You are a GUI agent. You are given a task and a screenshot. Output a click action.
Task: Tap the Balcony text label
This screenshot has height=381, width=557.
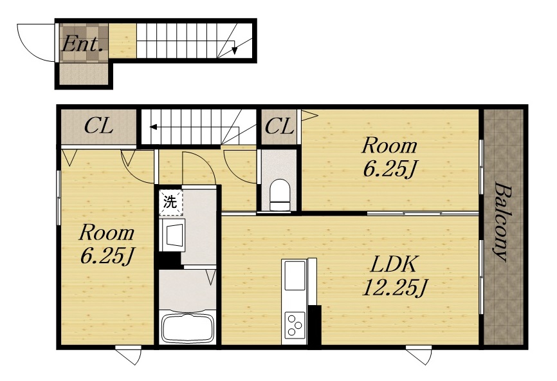[x=502, y=222]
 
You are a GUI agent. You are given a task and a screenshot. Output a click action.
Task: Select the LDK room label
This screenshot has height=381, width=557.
[x=393, y=265]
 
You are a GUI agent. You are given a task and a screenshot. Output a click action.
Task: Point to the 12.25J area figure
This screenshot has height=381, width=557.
[x=394, y=287]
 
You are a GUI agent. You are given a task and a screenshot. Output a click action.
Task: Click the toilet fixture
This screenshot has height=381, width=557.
[x=280, y=195]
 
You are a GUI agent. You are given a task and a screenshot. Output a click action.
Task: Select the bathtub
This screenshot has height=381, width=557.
[x=187, y=328]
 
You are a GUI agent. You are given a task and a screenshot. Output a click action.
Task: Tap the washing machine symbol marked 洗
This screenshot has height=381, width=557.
[x=170, y=203]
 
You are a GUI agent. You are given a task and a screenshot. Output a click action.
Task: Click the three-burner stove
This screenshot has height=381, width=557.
[x=295, y=324]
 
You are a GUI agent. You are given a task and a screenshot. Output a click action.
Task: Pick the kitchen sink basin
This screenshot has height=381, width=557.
[x=294, y=275]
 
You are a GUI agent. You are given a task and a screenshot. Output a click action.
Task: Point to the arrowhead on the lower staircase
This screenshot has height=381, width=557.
[x=154, y=127]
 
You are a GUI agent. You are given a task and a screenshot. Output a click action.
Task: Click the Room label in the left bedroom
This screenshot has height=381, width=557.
[x=107, y=233]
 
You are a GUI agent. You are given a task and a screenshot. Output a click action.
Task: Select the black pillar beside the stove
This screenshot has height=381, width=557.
[x=315, y=325]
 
